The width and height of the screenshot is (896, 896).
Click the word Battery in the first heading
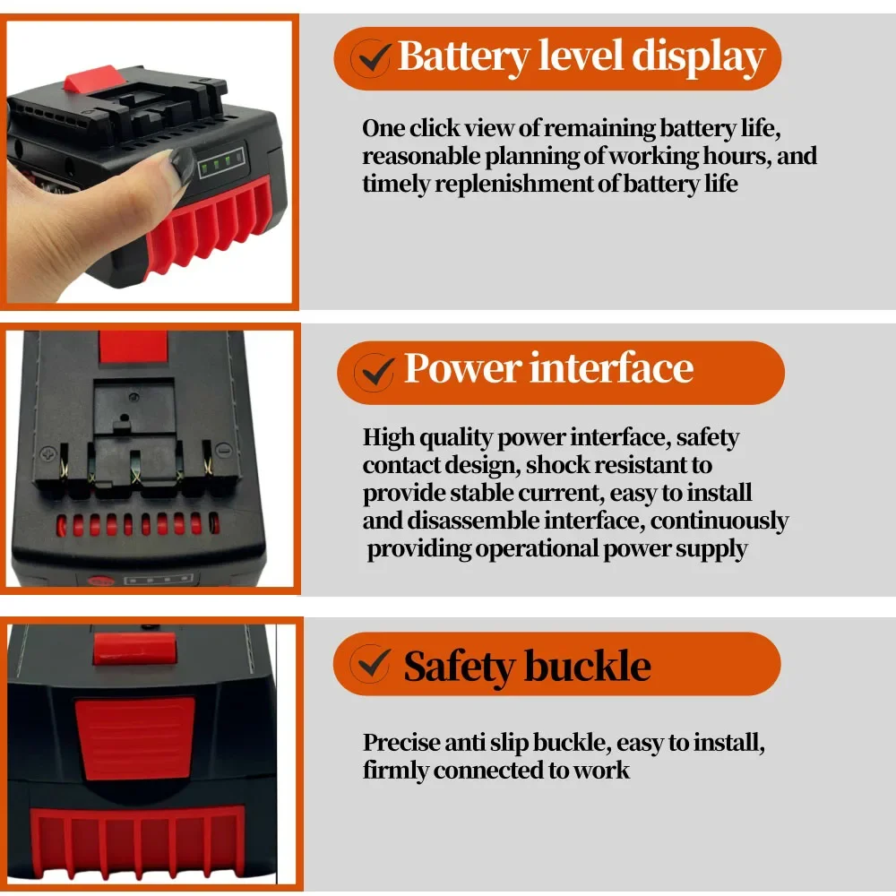(464, 56)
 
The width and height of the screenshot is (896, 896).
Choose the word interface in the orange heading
(608, 368)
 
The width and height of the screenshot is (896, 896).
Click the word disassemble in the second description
(465, 521)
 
